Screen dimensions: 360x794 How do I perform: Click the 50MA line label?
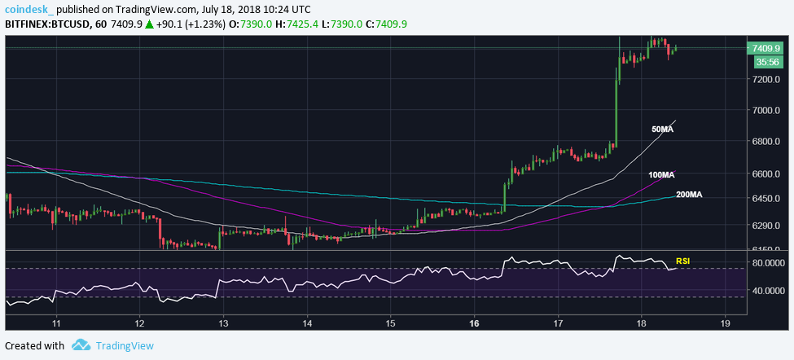[x=661, y=130]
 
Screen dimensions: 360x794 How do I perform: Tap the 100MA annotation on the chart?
[x=662, y=175]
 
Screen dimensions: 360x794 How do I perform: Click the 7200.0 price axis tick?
[x=768, y=79]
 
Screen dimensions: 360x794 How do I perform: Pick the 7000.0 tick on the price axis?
[x=768, y=110]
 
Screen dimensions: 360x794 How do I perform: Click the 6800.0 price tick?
[x=768, y=141]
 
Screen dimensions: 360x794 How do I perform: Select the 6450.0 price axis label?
[x=768, y=198]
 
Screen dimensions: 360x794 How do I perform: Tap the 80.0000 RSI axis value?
[x=769, y=263]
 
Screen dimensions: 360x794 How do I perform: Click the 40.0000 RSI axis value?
[x=769, y=291]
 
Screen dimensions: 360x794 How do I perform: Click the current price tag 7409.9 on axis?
[x=768, y=47]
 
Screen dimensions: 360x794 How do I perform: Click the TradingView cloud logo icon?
[x=80, y=345]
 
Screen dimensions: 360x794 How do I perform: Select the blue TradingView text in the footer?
[x=125, y=345]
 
